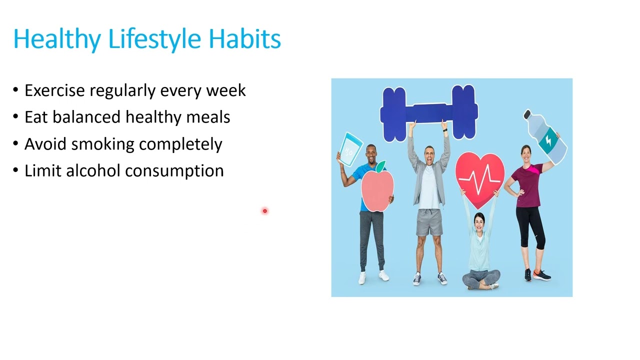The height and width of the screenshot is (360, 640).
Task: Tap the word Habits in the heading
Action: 245,38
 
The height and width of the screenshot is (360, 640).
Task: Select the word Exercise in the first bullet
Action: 54,90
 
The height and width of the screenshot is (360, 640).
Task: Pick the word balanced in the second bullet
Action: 86,117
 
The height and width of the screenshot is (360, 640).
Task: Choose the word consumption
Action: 174,171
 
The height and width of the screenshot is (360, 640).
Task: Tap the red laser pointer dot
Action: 265,211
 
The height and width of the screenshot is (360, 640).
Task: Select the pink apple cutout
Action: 377,189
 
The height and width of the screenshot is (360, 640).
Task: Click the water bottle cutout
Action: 545,137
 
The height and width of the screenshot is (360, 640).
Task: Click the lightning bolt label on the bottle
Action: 548,141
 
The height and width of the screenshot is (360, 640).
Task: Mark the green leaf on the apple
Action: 380,166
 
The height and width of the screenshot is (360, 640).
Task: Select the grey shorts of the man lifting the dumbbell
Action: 429,222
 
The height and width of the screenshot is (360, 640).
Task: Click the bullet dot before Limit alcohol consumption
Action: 15,170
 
